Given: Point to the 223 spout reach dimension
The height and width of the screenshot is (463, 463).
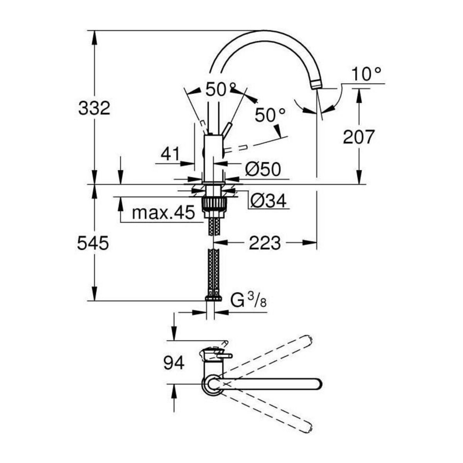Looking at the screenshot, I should click(x=264, y=243).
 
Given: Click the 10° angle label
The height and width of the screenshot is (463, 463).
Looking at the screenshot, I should click(x=366, y=73).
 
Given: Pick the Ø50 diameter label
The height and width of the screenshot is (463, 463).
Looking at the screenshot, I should click(x=262, y=169).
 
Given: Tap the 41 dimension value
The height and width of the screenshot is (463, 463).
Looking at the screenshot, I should click(x=170, y=154).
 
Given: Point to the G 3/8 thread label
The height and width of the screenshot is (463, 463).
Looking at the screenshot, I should click(x=248, y=300).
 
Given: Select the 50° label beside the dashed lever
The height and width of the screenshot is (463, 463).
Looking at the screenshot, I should click(x=270, y=115).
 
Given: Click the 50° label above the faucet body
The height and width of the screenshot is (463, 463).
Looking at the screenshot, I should click(x=220, y=90).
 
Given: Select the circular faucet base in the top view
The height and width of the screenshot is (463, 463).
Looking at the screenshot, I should click(x=211, y=384).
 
